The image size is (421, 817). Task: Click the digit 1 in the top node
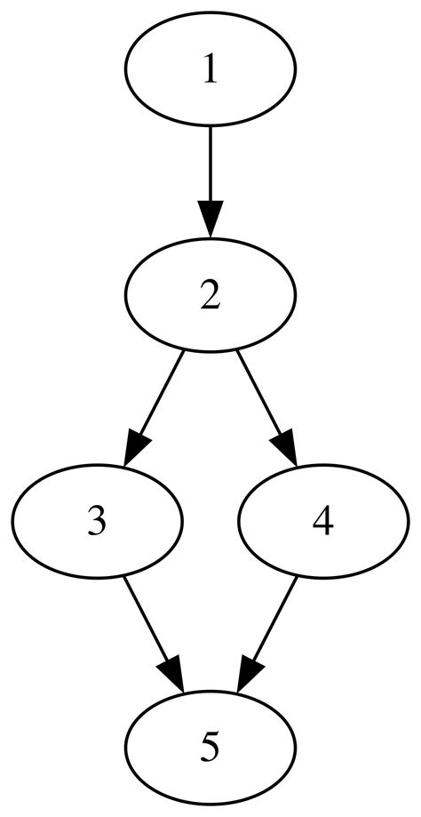click(x=210, y=70)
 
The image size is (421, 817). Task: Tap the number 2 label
click(x=210, y=295)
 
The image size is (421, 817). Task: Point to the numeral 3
click(x=98, y=521)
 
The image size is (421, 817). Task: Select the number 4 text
click(x=322, y=521)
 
